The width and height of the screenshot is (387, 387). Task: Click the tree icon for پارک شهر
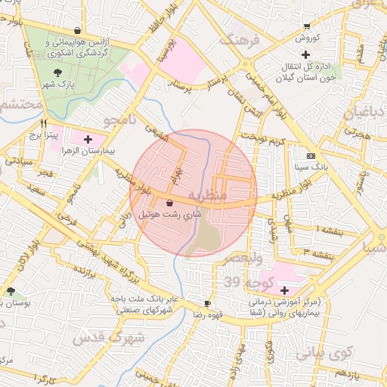point(58,73)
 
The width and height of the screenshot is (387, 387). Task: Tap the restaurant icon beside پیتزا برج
point(44,124)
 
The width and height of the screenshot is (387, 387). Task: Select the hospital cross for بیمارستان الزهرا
point(88,139)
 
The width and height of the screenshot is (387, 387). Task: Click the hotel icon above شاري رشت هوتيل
point(168,203)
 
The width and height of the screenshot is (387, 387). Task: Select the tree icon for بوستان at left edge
point(10,291)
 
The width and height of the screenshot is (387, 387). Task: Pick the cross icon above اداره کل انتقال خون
point(305,54)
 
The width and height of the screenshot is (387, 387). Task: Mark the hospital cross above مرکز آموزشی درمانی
point(284,290)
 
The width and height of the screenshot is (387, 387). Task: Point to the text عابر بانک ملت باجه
point(143,299)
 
